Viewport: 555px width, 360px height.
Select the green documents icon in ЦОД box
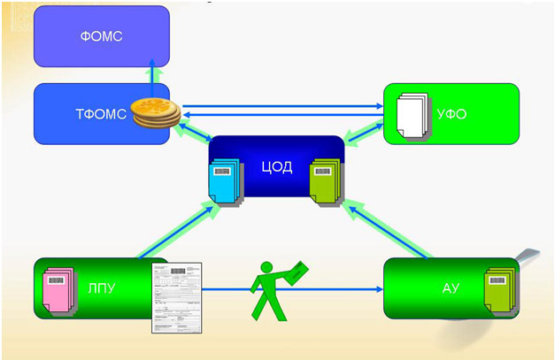(325, 182)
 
